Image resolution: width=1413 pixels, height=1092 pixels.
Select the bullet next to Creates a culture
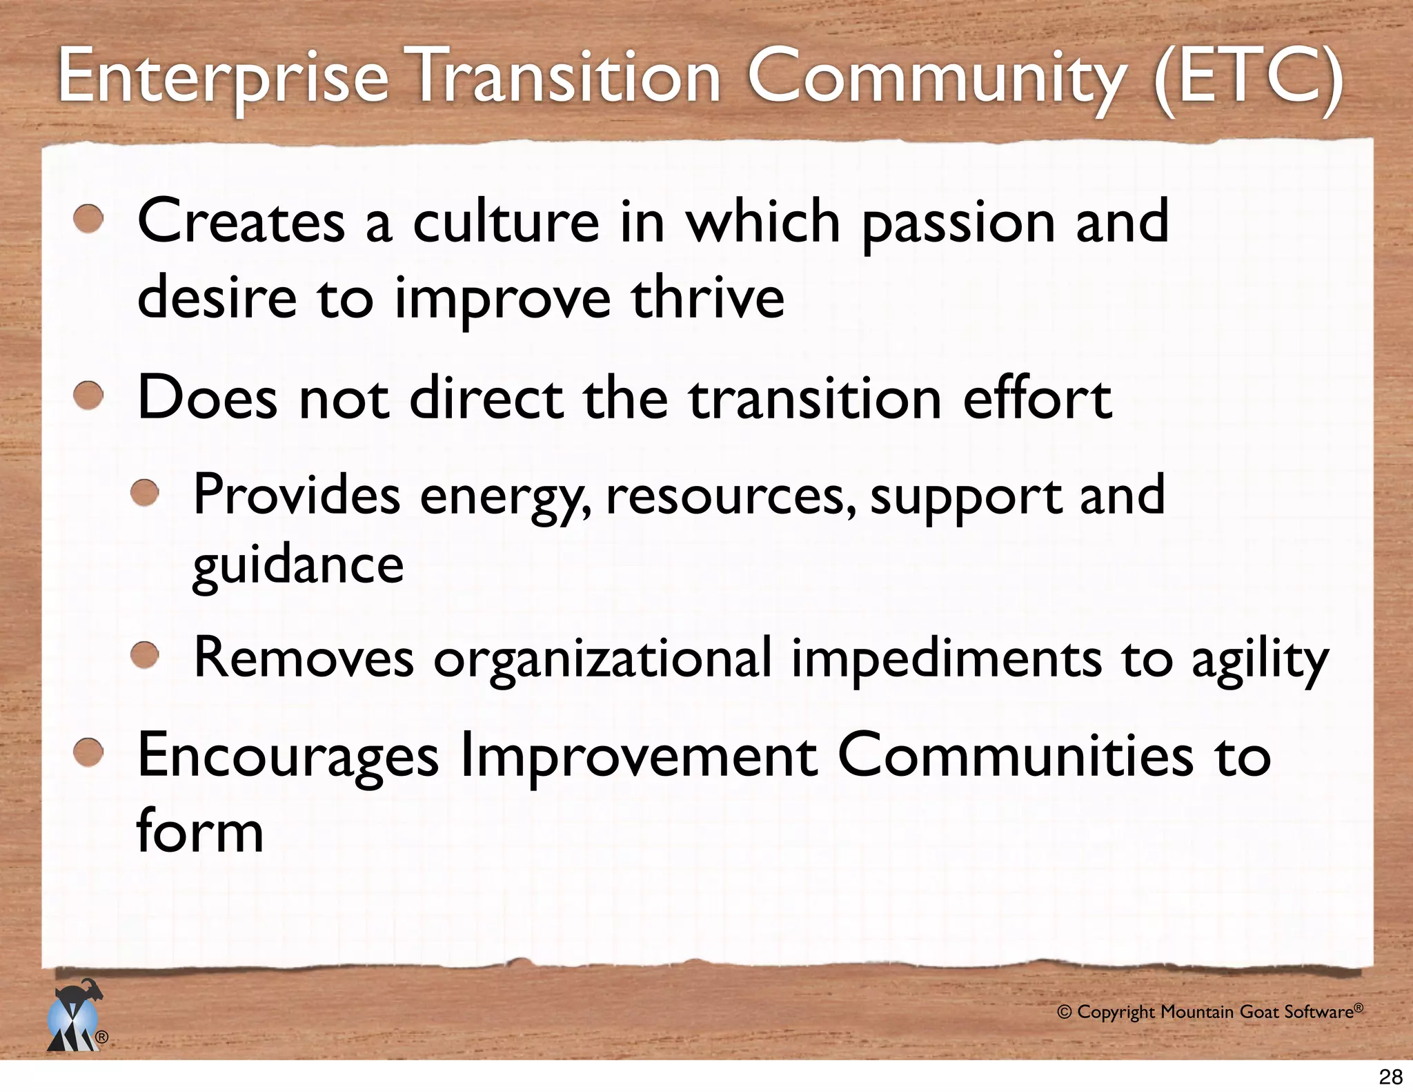tap(88, 220)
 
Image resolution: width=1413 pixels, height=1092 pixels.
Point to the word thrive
tap(707, 298)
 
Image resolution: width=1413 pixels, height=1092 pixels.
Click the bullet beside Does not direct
tap(88, 396)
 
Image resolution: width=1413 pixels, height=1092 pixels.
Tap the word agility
tap(1260, 660)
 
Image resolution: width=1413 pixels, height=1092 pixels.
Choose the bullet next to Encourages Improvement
tap(88, 753)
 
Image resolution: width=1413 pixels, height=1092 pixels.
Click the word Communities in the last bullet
tap(1014, 756)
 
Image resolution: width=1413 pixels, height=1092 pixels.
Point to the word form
tap(200, 831)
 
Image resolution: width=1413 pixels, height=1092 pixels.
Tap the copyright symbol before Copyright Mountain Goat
tap(1065, 1013)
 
